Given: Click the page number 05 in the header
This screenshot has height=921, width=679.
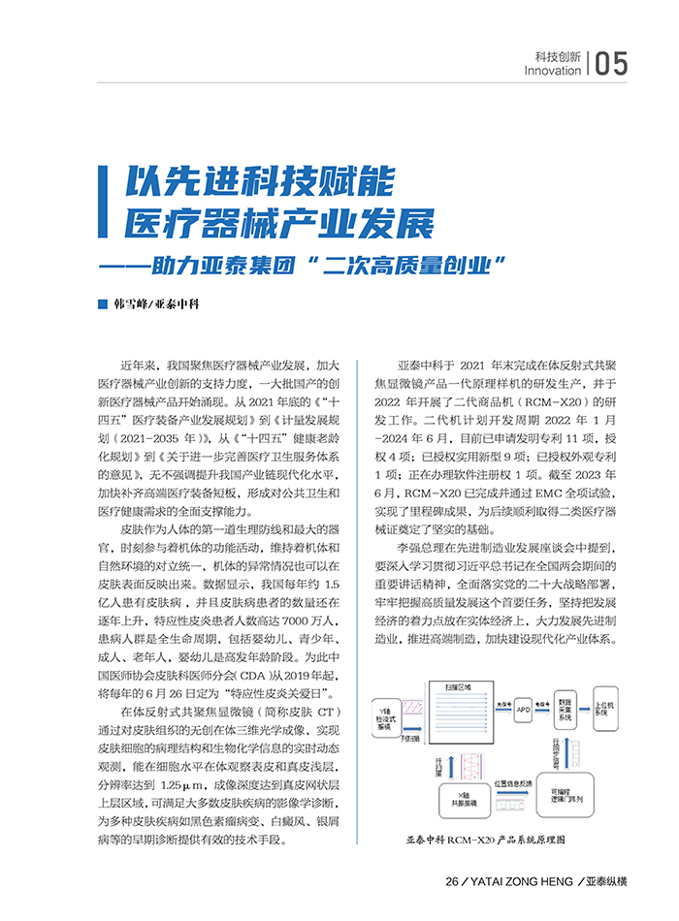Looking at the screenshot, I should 611,63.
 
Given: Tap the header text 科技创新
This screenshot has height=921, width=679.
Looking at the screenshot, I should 558,56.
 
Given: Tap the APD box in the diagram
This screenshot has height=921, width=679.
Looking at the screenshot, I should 524,711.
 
